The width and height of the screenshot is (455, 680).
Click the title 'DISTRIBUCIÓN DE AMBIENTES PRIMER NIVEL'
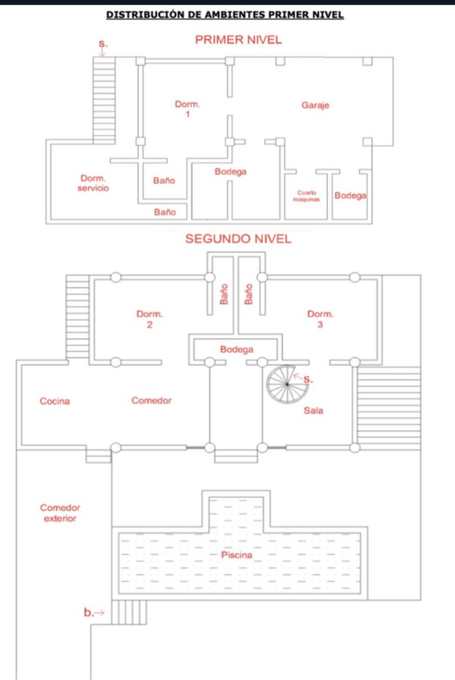[x=224, y=14]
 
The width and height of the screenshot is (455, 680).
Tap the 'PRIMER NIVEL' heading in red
[x=238, y=40]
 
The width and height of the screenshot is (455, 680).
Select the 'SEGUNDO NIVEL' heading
[x=238, y=239]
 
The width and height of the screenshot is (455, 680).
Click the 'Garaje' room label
[x=315, y=106]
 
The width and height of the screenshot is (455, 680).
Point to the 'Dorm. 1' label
[x=187, y=109]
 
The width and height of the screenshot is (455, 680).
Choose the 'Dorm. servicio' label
[x=94, y=183]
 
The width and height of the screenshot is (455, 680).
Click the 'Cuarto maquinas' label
[x=306, y=196]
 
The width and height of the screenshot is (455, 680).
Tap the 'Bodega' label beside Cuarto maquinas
[x=350, y=196]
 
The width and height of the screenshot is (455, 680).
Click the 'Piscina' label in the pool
[x=237, y=555]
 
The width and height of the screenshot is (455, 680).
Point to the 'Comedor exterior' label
[x=60, y=514]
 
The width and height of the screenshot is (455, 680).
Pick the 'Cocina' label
[x=54, y=401]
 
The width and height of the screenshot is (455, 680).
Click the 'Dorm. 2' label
[x=150, y=319]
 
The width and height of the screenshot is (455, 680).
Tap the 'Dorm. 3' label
[x=320, y=319]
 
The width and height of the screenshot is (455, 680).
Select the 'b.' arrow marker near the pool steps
[x=94, y=613]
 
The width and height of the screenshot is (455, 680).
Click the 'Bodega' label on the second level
[x=237, y=350]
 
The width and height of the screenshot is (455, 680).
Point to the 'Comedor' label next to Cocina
[x=151, y=401]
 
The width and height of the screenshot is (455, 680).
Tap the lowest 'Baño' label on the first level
[x=165, y=212]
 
